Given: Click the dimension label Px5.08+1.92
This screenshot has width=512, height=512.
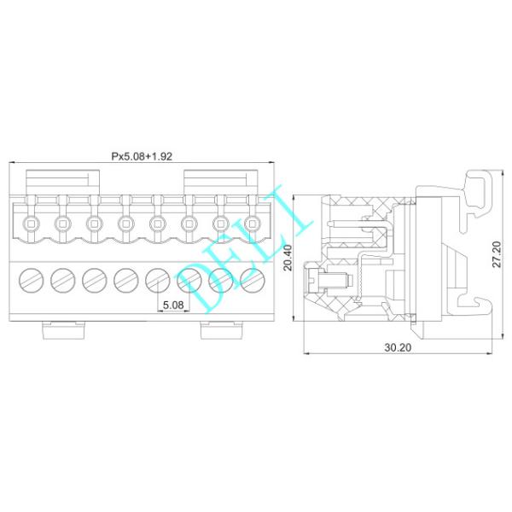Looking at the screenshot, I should (x=141, y=156).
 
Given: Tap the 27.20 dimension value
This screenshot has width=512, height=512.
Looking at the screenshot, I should (x=497, y=254).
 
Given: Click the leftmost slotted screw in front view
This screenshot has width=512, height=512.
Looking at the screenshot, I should (x=30, y=278).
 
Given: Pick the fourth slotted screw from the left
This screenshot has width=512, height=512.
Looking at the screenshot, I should (x=125, y=278).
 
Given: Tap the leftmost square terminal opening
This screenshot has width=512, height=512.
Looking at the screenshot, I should (x=30, y=224).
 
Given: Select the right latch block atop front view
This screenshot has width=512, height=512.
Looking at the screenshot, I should (x=220, y=181).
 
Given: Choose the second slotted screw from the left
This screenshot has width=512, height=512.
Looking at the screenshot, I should (x=61, y=278).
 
